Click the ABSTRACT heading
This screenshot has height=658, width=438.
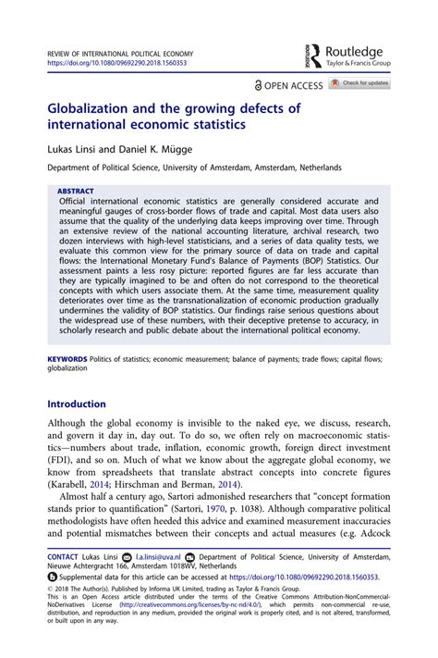[x=76, y=191]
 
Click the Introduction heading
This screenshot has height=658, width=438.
[x=77, y=403]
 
